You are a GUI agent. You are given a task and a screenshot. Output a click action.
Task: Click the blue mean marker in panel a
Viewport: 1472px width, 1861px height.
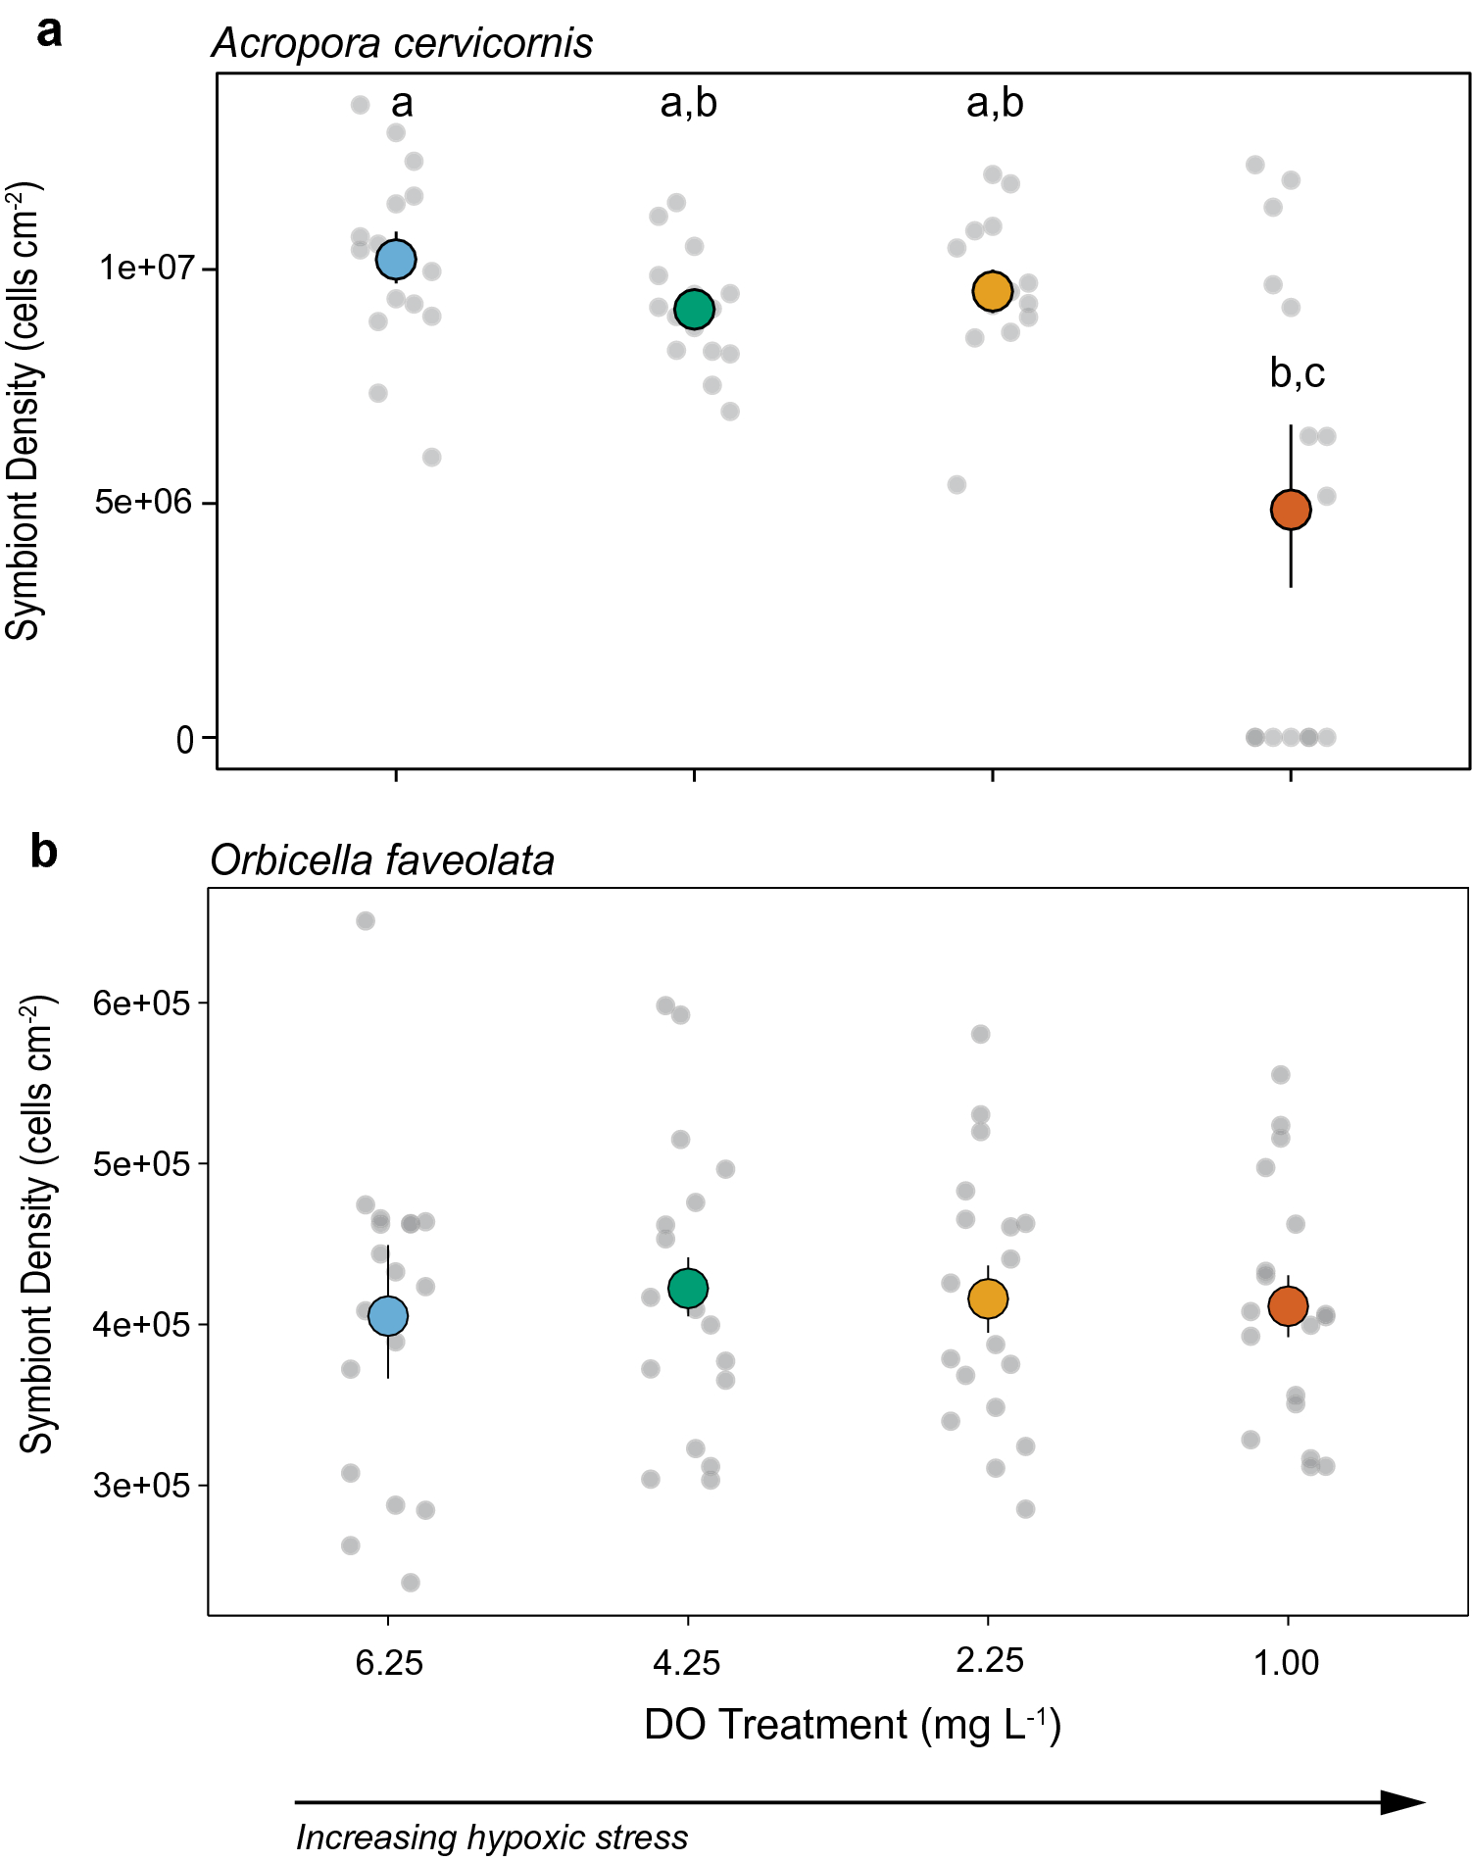click(x=396, y=260)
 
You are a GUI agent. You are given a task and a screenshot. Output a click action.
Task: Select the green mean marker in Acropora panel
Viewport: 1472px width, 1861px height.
click(x=694, y=310)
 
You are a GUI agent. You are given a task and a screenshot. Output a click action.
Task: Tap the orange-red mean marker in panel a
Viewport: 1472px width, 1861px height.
click(x=1291, y=510)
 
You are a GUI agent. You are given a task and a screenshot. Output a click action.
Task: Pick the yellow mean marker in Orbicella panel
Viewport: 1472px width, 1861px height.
click(x=988, y=1298)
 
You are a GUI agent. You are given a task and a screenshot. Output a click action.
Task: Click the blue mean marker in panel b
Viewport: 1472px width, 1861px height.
click(x=388, y=1315)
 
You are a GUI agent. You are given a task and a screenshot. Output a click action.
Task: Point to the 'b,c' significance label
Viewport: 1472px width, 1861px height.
click(x=1297, y=372)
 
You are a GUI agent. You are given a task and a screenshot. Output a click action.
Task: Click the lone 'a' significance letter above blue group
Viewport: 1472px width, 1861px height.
click(x=402, y=103)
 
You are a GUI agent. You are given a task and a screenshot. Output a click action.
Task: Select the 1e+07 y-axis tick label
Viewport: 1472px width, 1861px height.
click(x=146, y=268)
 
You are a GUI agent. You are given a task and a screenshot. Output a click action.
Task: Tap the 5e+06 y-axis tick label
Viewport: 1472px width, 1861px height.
click(x=145, y=502)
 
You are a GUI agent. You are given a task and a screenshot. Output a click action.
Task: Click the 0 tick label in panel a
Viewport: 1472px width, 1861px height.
click(x=184, y=739)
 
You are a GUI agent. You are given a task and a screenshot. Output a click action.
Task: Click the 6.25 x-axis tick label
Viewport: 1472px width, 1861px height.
click(x=389, y=1662)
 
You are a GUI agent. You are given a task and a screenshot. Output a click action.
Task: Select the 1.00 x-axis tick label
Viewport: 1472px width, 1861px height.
click(x=1286, y=1662)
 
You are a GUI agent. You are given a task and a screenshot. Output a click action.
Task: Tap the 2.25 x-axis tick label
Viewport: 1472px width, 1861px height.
click(x=990, y=1660)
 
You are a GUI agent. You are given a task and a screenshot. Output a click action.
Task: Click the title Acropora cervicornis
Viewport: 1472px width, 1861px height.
click(x=402, y=43)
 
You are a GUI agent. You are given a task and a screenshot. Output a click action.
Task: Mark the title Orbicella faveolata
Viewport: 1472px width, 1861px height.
click(x=382, y=860)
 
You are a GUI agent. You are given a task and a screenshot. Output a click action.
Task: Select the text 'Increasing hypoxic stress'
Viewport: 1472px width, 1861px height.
click(x=492, y=1837)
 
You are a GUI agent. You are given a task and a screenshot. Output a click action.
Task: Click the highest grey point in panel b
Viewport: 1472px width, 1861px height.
click(x=366, y=920)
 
